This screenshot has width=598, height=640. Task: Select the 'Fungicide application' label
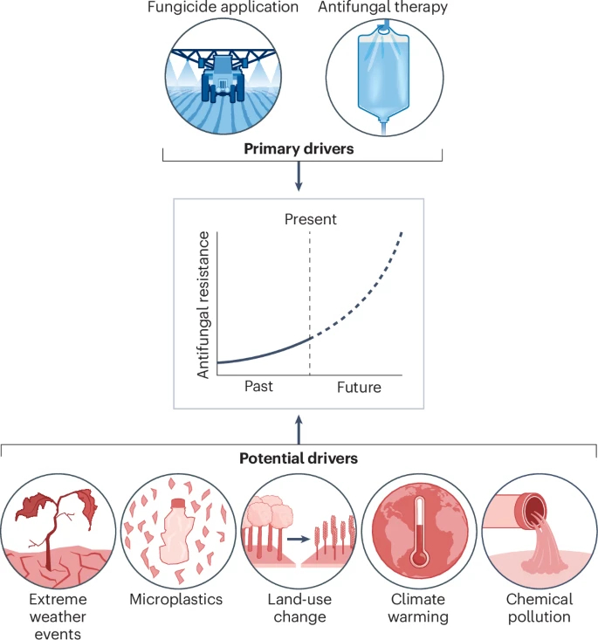click(x=223, y=8)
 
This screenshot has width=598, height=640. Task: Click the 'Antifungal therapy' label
click(x=381, y=8)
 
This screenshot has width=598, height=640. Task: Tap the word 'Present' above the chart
click(x=310, y=219)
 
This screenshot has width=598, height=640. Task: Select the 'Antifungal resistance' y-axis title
click(x=203, y=305)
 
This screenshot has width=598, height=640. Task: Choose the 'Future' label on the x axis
click(x=359, y=386)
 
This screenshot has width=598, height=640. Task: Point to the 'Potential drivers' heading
click(x=299, y=458)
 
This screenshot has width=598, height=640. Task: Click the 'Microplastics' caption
click(x=176, y=600)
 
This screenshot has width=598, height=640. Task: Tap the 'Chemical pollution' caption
click(x=539, y=608)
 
